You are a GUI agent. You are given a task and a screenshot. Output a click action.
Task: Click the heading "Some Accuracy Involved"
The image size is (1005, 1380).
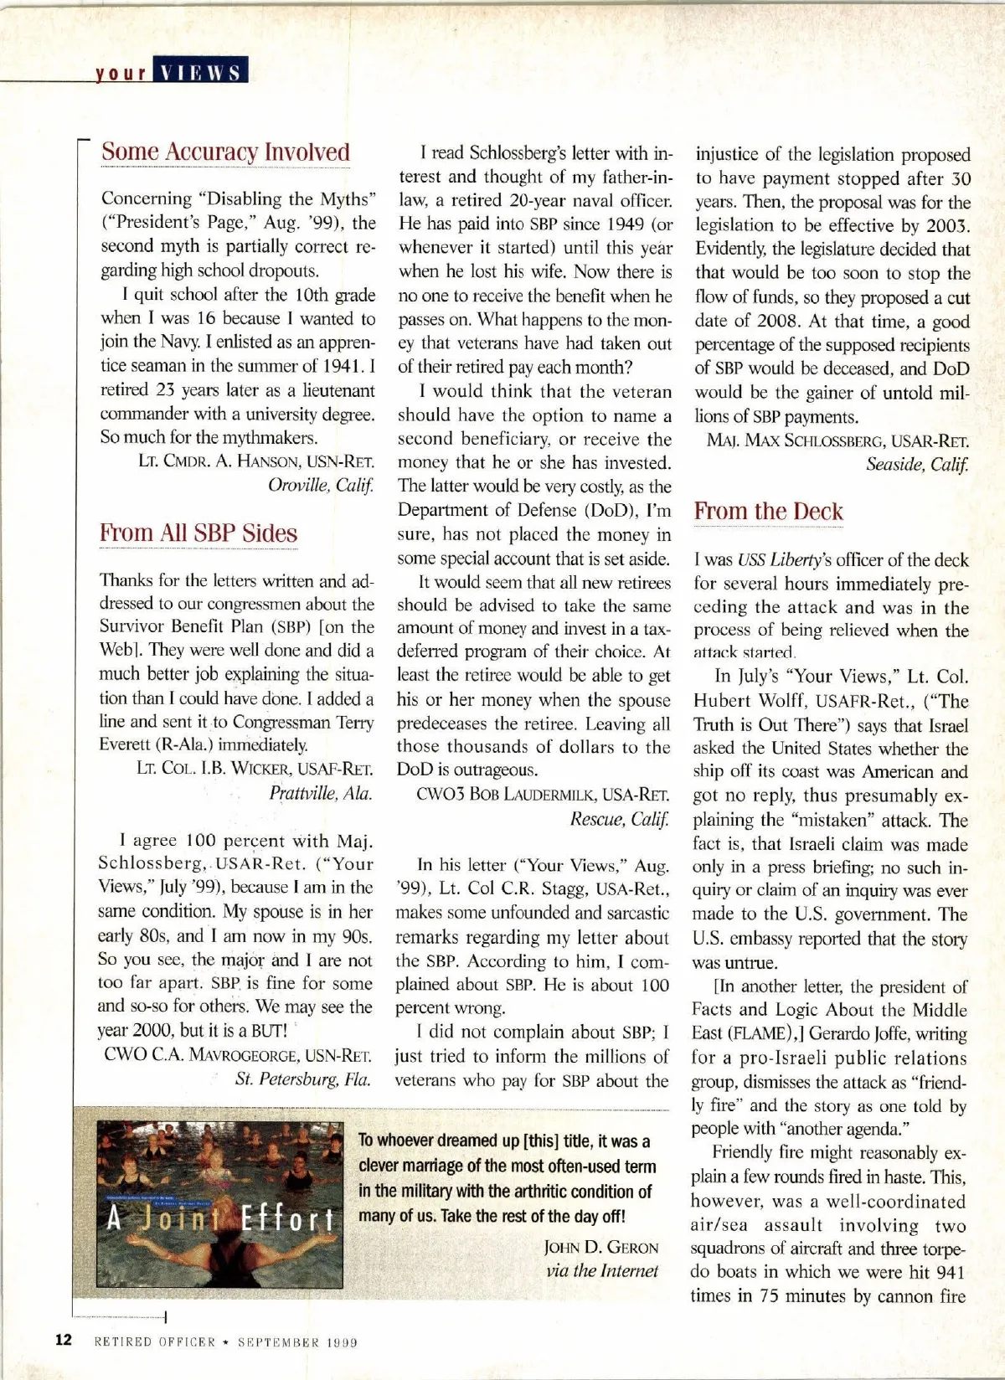(225, 152)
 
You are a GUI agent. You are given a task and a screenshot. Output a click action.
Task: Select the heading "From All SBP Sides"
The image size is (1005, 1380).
(198, 533)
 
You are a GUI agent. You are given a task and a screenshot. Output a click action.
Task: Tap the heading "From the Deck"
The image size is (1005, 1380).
(768, 512)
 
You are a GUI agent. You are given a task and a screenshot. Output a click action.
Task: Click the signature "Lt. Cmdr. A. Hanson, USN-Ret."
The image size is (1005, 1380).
(256, 461)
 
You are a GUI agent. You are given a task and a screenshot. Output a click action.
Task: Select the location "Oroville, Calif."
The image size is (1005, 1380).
(321, 485)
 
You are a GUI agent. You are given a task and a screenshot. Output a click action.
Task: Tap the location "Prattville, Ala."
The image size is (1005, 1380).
(321, 793)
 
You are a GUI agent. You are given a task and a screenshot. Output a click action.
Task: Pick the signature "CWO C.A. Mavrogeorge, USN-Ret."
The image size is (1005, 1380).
(238, 1055)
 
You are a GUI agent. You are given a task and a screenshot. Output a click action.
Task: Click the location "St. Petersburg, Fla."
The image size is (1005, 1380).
(303, 1079)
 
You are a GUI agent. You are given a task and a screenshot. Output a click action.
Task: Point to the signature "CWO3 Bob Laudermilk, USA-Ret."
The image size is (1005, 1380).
(543, 794)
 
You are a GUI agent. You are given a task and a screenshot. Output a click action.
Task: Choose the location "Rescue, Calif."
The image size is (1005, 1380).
(620, 818)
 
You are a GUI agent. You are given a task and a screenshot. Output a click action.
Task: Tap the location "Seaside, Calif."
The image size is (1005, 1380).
(917, 464)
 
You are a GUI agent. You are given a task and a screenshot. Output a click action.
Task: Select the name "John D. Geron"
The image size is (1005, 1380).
(601, 1247)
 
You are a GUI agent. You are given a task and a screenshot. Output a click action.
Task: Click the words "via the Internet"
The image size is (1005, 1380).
(602, 1270)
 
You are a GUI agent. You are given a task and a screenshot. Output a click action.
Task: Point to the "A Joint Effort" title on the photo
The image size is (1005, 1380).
(220, 1218)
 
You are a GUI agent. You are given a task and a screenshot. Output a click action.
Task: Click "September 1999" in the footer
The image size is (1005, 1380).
(297, 1341)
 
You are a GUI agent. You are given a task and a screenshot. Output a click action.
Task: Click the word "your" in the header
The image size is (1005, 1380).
(121, 73)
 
